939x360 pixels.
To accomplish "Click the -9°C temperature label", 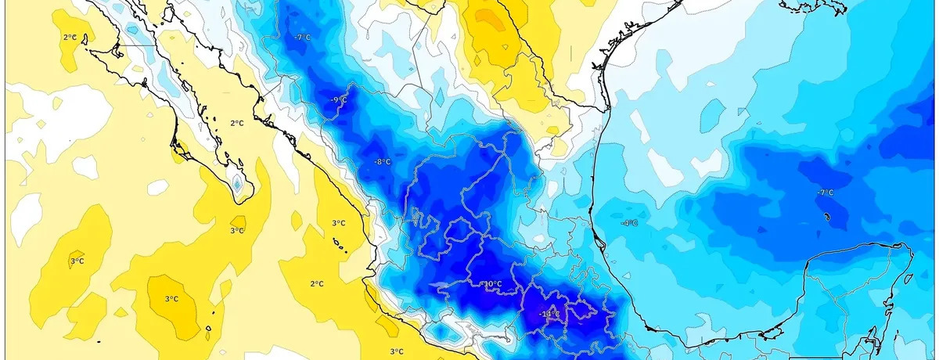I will pos(339,100).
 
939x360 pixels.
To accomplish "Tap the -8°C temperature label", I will pos(383,162).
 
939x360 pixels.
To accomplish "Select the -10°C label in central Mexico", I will pos(491,283).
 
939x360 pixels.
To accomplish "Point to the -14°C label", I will pos(549,315).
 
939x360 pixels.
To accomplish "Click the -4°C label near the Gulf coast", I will pos(629,223).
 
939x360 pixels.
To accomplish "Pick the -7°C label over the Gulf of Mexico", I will pos(825,193).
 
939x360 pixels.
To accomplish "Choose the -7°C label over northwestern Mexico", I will pos(301,38).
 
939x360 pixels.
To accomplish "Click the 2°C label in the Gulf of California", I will pos(238,123).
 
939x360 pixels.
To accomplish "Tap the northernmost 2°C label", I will pos(70,37).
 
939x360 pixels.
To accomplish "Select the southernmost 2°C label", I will pos(317,283).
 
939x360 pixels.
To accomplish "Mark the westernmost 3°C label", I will pos(77,261).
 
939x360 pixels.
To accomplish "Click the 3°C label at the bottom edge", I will pos(396,351).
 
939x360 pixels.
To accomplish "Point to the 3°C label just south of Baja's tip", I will pos(237,230).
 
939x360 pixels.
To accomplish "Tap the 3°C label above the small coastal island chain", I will pos(338,223).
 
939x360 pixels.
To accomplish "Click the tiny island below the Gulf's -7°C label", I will pos(826,216).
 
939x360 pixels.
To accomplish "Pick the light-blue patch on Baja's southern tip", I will pos(238,185).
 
